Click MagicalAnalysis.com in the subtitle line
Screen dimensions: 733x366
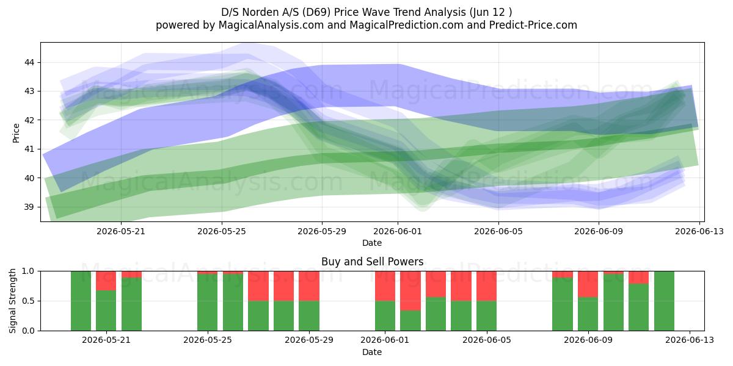coord(271,25)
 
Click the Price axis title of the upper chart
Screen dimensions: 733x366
coord(16,133)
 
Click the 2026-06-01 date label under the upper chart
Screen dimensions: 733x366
coord(398,231)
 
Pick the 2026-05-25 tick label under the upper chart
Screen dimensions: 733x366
coord(222,231)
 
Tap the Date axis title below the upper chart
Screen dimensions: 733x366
coord(372,243)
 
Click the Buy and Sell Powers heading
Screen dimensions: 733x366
coord(373,262)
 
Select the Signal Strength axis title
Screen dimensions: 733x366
coord(12,301)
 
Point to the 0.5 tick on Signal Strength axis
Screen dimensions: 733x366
coord(28,301)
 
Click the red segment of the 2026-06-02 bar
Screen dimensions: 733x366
coord(410,291)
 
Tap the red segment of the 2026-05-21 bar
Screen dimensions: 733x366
coord(106,281)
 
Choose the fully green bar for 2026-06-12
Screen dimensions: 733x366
coord(664,301)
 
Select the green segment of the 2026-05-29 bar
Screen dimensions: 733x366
coord(309,316)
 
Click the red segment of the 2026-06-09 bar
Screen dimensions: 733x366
coord(588,284)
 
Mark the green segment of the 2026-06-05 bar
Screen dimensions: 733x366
coord(486,316)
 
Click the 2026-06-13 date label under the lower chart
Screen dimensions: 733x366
coord(690,340)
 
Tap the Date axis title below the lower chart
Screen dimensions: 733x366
coord(372,352)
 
